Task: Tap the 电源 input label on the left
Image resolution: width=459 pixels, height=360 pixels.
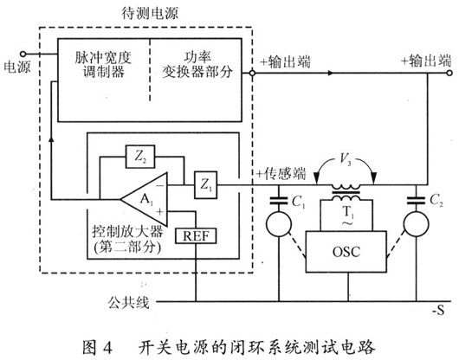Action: coord(17,66)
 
